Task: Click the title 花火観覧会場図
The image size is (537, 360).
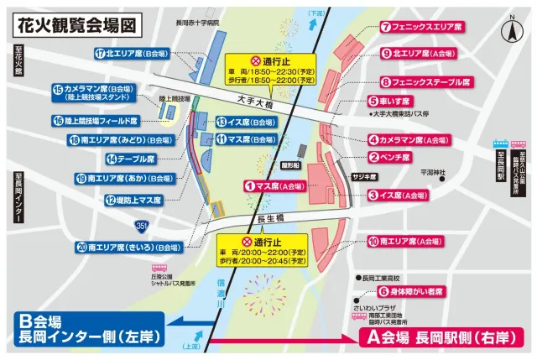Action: click(74, 23)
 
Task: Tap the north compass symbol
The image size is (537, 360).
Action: click(508, 32)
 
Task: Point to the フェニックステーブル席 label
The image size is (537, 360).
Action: click(425, 82)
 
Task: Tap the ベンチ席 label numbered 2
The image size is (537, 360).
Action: click(389, 157)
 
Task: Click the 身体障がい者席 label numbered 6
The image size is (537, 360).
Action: click(410, 293)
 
